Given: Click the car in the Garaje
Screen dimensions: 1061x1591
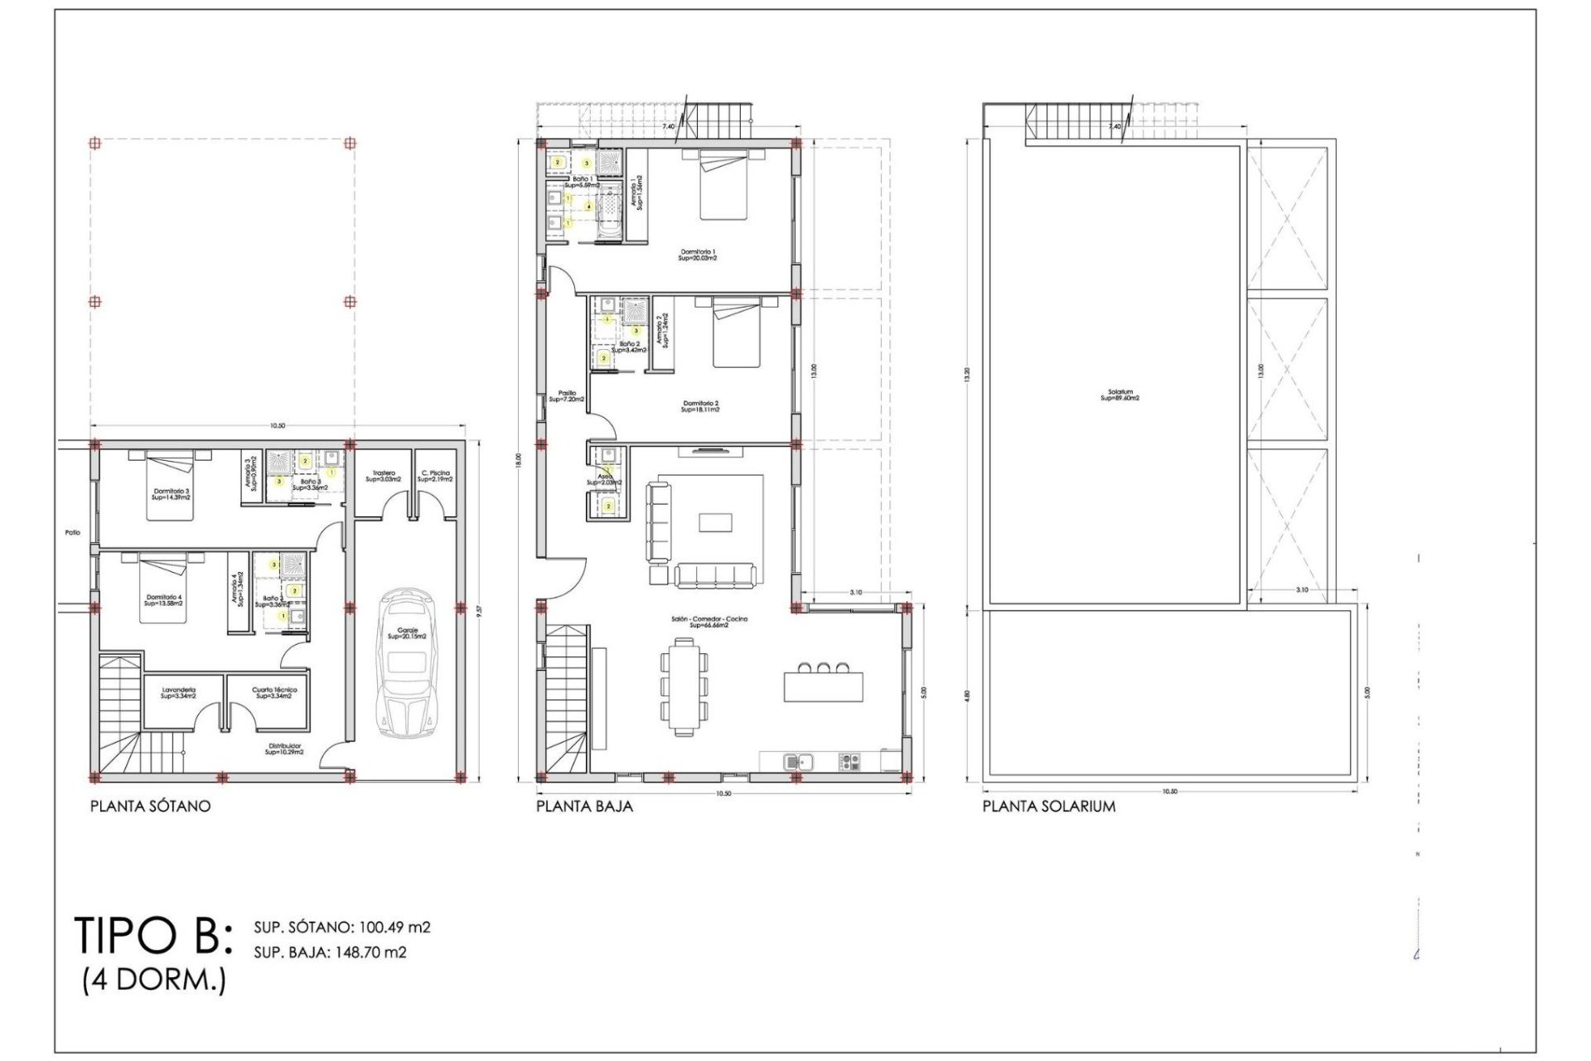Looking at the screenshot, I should click(406, 664).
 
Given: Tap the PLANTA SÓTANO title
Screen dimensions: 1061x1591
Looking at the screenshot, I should click(150, 806).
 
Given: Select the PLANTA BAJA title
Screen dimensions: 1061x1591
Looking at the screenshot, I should click(584, 806).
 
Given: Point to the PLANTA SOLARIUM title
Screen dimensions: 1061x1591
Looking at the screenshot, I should click(1048, 806).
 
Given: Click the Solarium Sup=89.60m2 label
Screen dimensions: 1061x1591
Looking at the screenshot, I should click(1120, 395).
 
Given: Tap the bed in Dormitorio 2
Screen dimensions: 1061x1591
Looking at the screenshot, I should click(737, 334).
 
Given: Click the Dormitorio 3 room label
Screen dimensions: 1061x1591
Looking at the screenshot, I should click(171, 494).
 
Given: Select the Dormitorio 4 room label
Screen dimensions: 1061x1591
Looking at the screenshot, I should click(163, 600).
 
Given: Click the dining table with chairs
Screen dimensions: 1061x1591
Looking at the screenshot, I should click(684, 686).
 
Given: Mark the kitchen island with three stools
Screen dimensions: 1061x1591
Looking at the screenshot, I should click(823, 686).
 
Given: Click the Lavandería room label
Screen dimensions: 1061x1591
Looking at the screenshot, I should click(178, 692).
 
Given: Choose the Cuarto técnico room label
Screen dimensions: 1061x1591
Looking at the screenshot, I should click(273, 692).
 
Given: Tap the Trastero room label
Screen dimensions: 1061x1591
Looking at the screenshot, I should click(383, 476).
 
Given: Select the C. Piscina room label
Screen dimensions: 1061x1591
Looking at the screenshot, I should click(434, 476).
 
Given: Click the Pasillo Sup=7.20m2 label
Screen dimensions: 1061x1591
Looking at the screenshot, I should click(567, 396).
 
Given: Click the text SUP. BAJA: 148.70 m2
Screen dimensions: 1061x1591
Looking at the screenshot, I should click(330, 952).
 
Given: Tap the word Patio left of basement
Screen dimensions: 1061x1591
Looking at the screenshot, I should click(73, 532).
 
